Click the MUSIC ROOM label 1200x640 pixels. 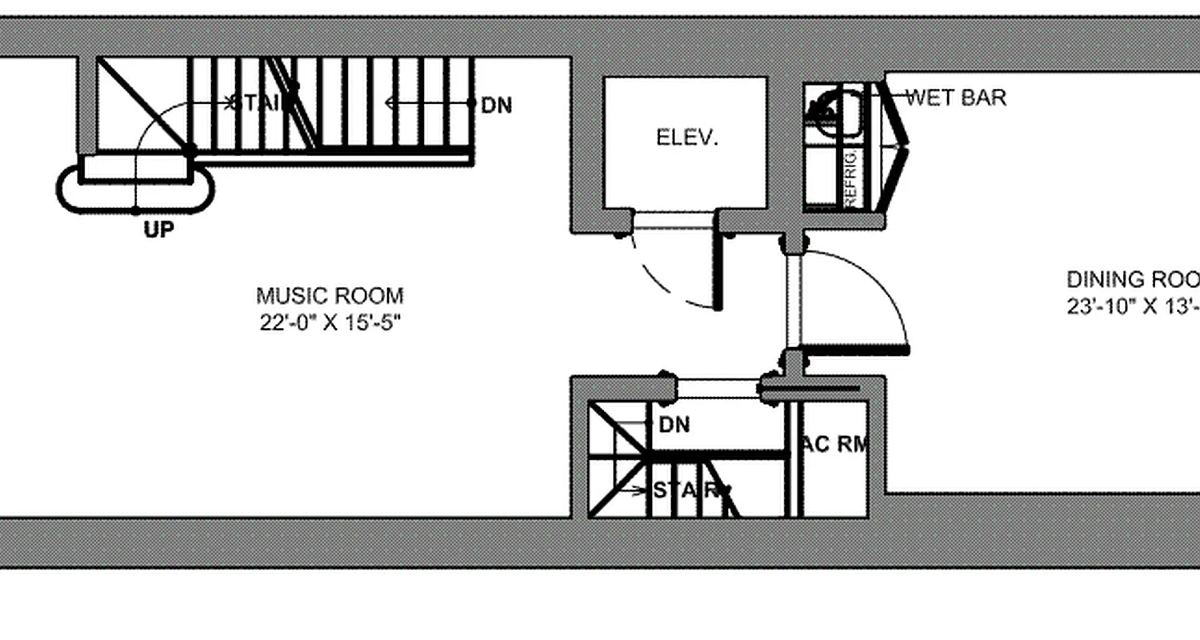(x=330, y=296)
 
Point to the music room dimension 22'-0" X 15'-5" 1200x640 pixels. (x=328, y=324)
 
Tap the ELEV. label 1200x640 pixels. (x=687, y=138)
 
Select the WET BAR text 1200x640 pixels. (x=955, y=98)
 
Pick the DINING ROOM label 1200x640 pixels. (x=1133, y=280)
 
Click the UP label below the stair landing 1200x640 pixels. (x=158, y=230)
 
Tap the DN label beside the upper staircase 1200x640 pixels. (x=497, y=105)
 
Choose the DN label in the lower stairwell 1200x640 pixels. (x=674, y=425)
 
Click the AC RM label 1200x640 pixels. (x=835, y=445)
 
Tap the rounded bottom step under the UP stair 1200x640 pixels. (x=135, y=189)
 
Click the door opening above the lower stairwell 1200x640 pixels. (x=718, y=389)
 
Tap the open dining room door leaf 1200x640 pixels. (x=856, y=350)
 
